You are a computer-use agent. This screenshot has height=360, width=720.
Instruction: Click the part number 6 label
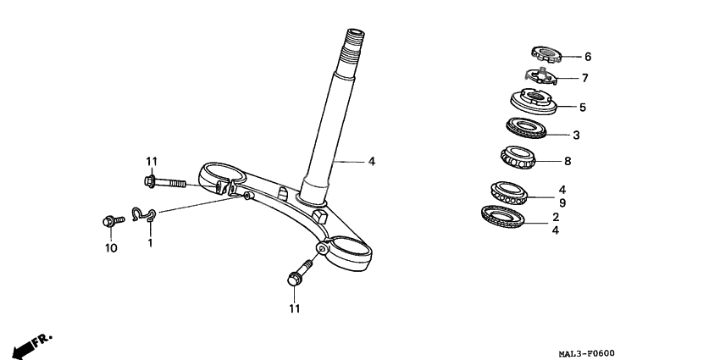(587, 57)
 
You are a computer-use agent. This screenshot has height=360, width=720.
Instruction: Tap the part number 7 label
(584, 78)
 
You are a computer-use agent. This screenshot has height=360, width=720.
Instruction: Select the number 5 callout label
(582, 108)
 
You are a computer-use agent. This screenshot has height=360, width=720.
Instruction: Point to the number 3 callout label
(576, 135)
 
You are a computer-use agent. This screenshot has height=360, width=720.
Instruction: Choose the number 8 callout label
(567, 160)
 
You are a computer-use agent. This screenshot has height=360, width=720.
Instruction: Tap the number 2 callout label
(555, 217)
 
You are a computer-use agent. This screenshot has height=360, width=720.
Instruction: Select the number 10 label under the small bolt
(108, 248)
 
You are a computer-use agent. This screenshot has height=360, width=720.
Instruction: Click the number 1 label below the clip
(150, 243)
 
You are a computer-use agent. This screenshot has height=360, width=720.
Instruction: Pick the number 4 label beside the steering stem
(371, 160)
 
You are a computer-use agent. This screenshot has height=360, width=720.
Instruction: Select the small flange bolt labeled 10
(110, 221)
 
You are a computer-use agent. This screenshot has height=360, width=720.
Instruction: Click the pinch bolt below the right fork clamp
(298, 273)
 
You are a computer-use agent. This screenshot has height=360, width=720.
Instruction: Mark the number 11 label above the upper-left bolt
(152, 162)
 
